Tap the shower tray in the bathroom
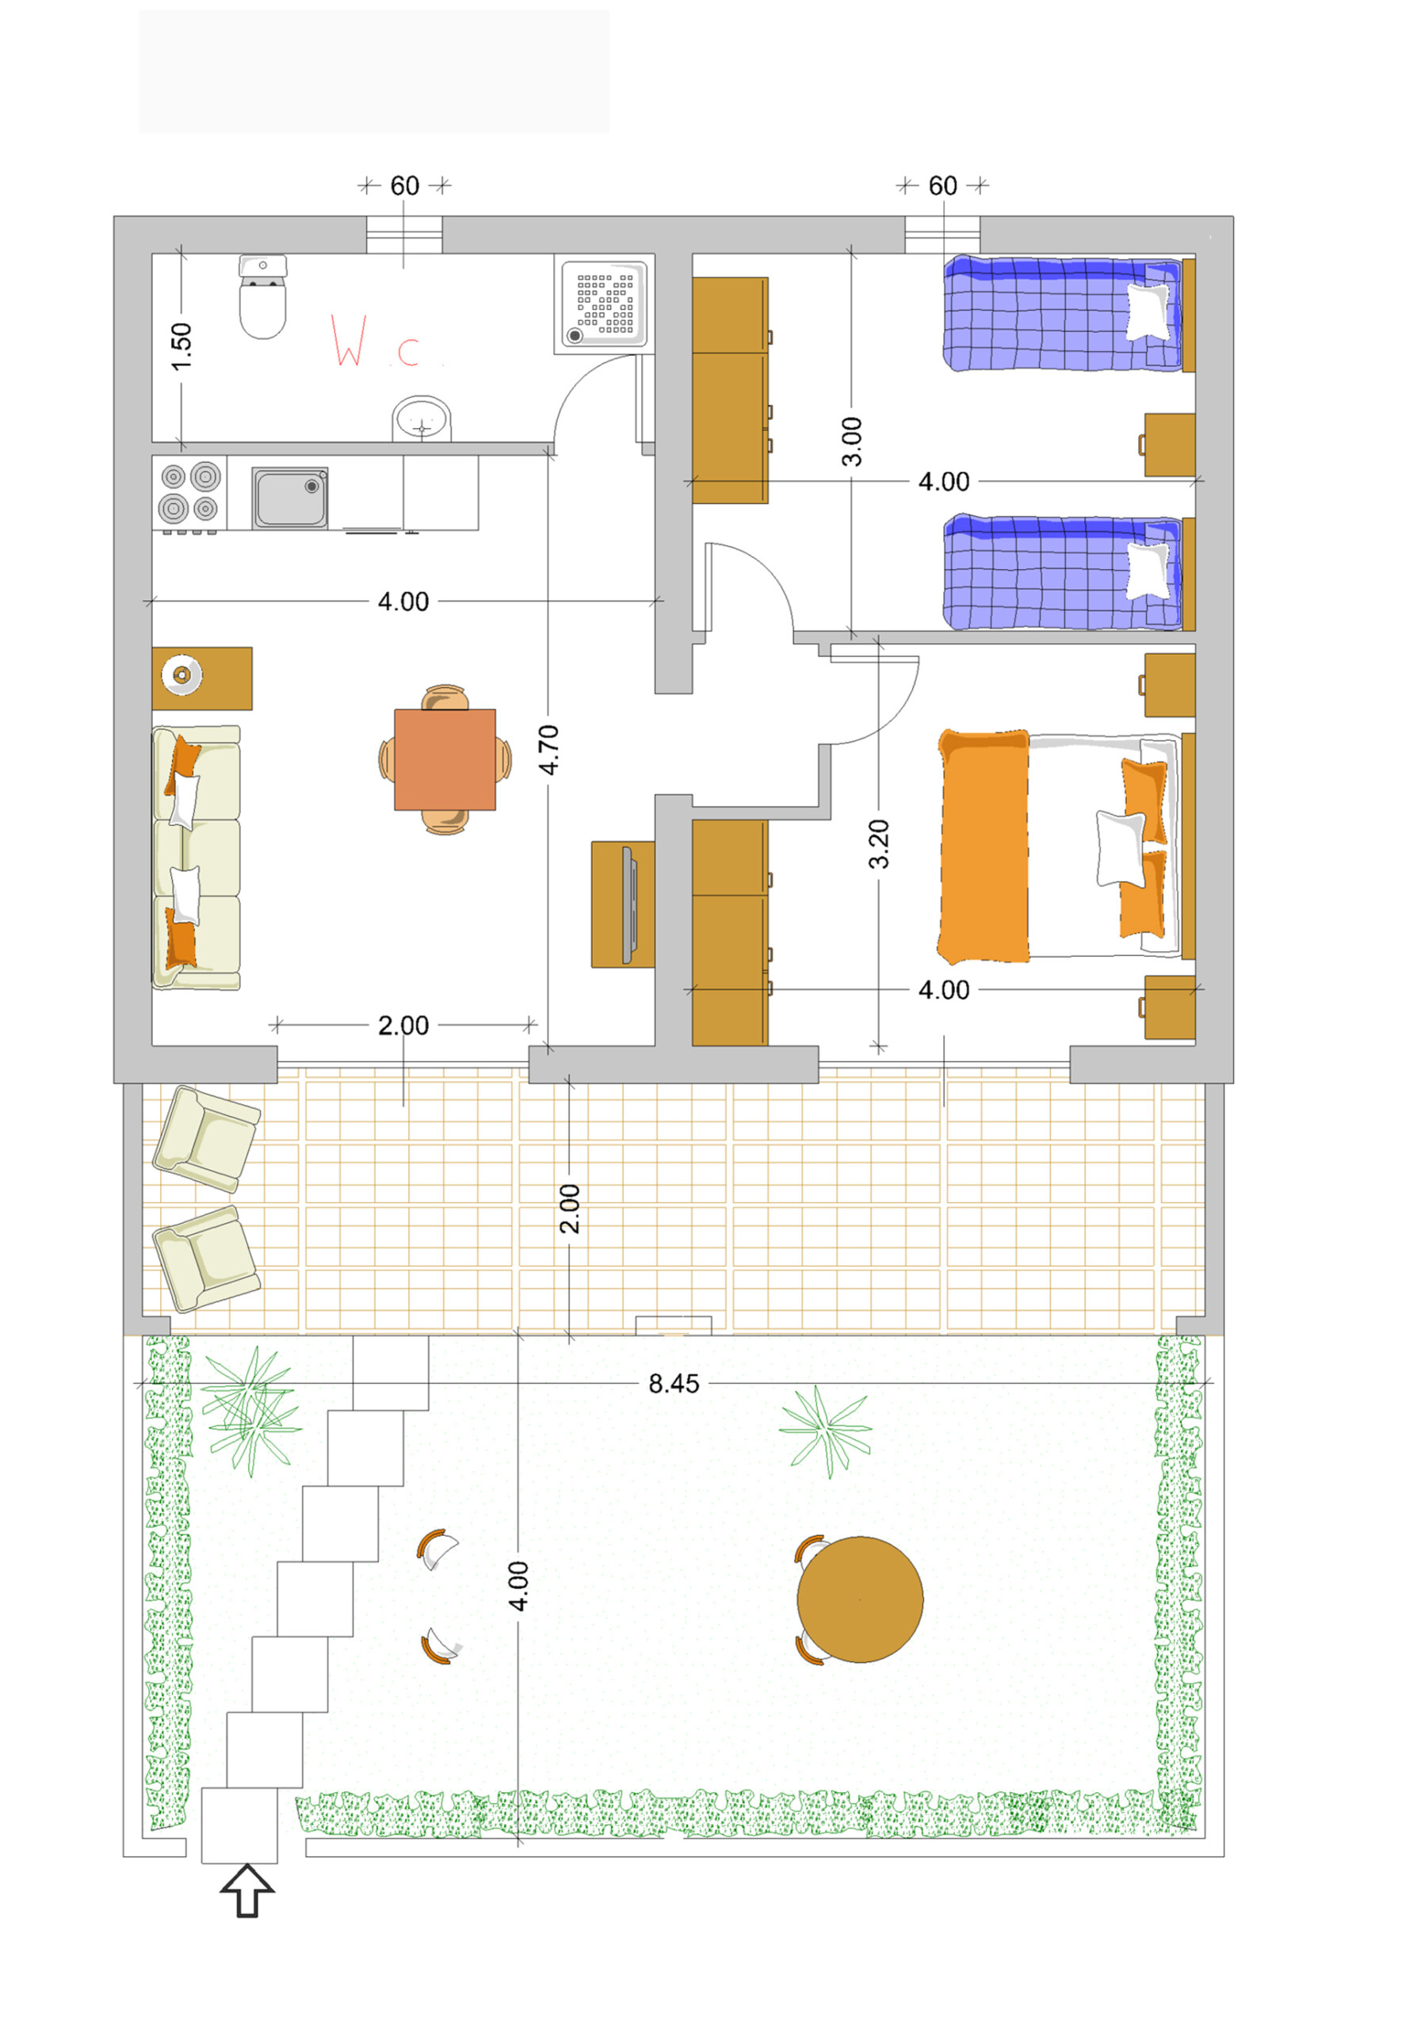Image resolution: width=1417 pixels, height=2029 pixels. coord(604,304)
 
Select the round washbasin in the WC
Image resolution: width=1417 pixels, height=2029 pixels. coord(422,419)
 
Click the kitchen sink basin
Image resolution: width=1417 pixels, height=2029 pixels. coord(290,499)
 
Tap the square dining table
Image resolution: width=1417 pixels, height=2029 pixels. coord(445,759)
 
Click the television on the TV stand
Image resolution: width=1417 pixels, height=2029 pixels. coord(628,904)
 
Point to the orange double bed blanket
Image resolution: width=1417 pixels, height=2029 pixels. coord(983,846)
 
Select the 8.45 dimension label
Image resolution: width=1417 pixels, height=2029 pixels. coord(673,1384)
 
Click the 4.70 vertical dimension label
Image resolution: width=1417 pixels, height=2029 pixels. coord(548,750)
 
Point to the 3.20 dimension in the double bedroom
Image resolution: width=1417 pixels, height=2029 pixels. coord(878,844)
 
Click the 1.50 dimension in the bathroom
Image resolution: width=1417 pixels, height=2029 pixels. coord(181,347)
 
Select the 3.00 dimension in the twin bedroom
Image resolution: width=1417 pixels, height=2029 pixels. coord(850,441)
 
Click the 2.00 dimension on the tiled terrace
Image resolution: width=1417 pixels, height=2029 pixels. coord(570,1208)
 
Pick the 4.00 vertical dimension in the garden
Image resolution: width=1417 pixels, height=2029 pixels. coord(518,1586)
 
